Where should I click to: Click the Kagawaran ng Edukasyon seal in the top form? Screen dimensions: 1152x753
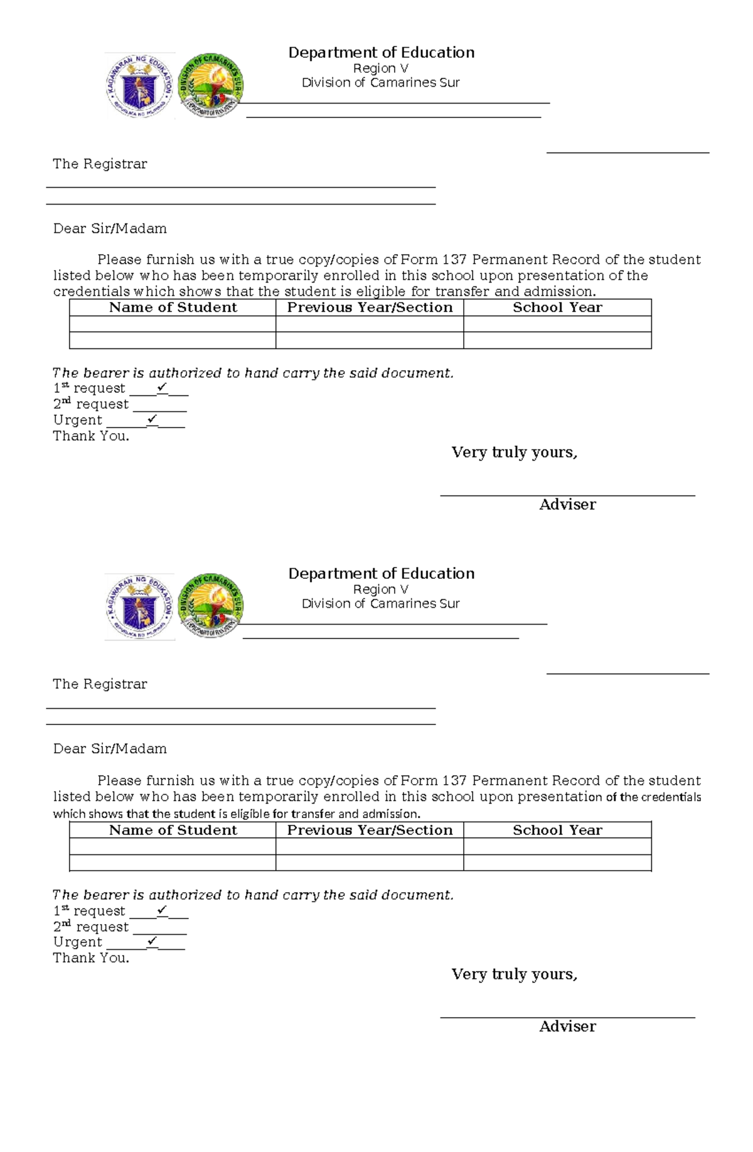pos(139,86)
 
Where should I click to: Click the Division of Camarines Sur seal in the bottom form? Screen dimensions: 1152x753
pos(211,606)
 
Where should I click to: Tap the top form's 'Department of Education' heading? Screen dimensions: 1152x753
pos(381,53)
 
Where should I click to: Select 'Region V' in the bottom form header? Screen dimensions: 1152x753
pos(380,589)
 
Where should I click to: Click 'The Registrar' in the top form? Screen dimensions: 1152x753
pos(100,164)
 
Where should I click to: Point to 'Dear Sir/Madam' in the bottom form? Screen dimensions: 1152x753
pos(110,749)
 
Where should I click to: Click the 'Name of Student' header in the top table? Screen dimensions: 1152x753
pos(173,308)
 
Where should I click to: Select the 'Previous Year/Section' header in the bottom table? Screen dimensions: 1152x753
pos(370,830)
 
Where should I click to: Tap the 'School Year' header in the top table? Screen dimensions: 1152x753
pos(557,308)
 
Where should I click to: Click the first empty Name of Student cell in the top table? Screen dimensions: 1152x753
pos(173,324)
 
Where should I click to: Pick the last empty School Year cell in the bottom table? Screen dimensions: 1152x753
pos(557,863)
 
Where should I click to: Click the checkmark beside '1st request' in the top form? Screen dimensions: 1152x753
pos(163,388)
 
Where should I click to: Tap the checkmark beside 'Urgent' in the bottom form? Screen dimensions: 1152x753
pos(152,942)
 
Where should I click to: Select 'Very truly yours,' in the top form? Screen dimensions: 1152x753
pos(514,453)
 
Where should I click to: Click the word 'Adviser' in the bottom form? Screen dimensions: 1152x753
pos(567,1026)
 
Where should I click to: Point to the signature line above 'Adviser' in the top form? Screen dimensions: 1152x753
pos(567,495)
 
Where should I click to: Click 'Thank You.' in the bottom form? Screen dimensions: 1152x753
pos(91,958)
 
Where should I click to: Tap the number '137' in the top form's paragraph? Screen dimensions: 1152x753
pos(454,260)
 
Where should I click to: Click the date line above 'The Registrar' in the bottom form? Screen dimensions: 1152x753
pos(627,674)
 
